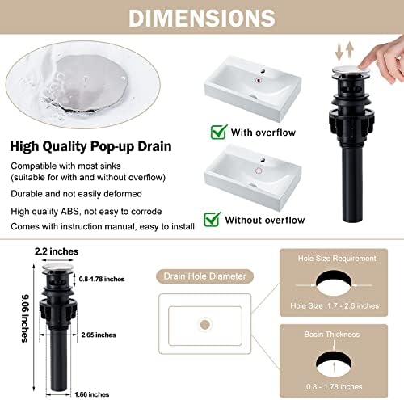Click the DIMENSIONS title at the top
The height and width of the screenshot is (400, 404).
point(202,18)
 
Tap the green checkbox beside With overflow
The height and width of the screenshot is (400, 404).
point(219,132)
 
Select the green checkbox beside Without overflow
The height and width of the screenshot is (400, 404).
point(213,219)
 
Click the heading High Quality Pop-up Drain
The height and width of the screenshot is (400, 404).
point(90,146)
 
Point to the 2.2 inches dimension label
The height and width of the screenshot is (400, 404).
point(57,251)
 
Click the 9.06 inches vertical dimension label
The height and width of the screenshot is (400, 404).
point(25,318)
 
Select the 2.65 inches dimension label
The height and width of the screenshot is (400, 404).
point(99,335)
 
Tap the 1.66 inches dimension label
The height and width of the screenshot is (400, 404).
point(92,394)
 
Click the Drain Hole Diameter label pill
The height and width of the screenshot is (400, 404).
point(204,276)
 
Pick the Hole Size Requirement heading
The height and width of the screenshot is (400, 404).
point(337,259)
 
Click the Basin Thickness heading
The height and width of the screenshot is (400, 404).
point(332,335)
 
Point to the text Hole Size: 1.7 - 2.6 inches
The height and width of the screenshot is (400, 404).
point(335,306)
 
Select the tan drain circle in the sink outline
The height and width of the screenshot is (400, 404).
point(205,325)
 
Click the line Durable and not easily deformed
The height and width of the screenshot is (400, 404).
point(76,194)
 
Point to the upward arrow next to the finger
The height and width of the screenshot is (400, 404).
point(350,50)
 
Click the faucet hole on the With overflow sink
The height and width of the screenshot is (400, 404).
point(263,72)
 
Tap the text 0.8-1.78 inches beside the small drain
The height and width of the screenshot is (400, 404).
point(102,279)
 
